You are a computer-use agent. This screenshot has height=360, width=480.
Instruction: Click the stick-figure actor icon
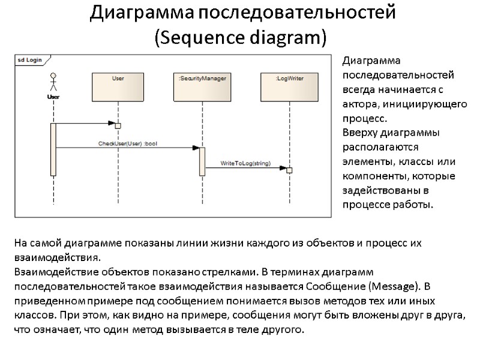(x=53, y=82)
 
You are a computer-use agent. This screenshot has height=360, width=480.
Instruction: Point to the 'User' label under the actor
(x=53, y=97)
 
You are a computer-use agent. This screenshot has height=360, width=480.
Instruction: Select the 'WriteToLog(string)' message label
(x=245, y=163)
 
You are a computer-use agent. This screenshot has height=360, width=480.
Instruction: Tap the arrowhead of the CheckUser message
(x=196, y=148)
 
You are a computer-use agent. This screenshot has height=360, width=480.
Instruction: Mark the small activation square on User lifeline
(x=118, y=125)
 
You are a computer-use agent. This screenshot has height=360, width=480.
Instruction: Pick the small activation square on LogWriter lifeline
(x=289, y=170)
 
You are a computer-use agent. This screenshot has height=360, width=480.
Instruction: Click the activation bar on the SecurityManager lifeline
(x=202, y=161)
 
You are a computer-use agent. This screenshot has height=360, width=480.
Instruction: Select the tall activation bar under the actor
(x=53, y=149)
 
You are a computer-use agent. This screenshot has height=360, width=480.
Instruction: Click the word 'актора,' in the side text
(x=361, y=104)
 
